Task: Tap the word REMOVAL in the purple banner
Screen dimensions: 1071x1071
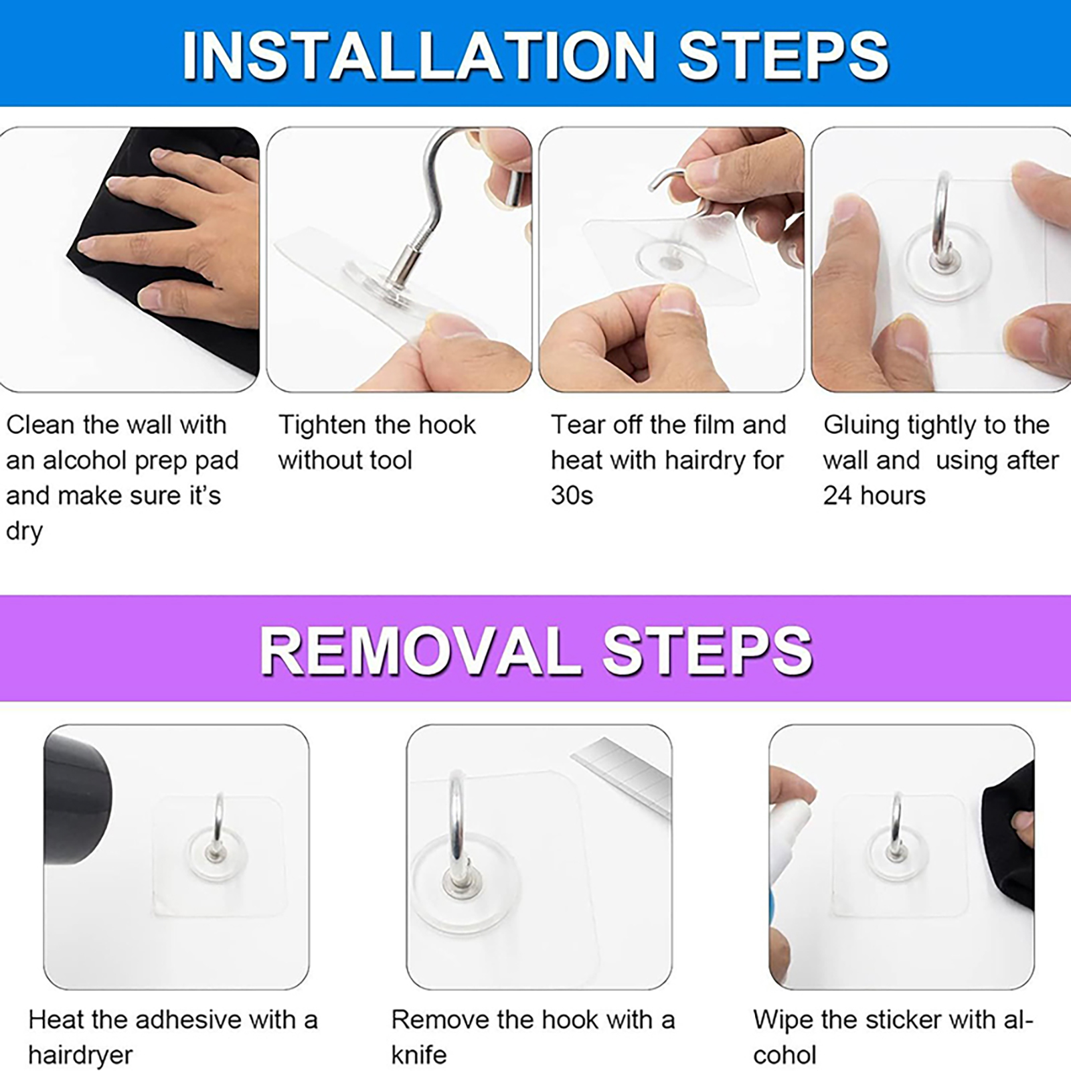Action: point(420,651)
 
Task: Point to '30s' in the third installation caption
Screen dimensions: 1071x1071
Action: point(572,495)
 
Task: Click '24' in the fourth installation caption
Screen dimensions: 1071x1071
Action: point(837,495)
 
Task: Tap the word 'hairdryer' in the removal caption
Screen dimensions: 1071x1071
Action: point(80,1055)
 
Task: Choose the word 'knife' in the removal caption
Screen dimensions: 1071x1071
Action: point(418,1055)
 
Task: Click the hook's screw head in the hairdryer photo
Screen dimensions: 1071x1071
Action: point(216,853)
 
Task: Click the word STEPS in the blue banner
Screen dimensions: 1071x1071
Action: point(783,55)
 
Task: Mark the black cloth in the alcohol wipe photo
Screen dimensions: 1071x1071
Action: point(1007,837)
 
